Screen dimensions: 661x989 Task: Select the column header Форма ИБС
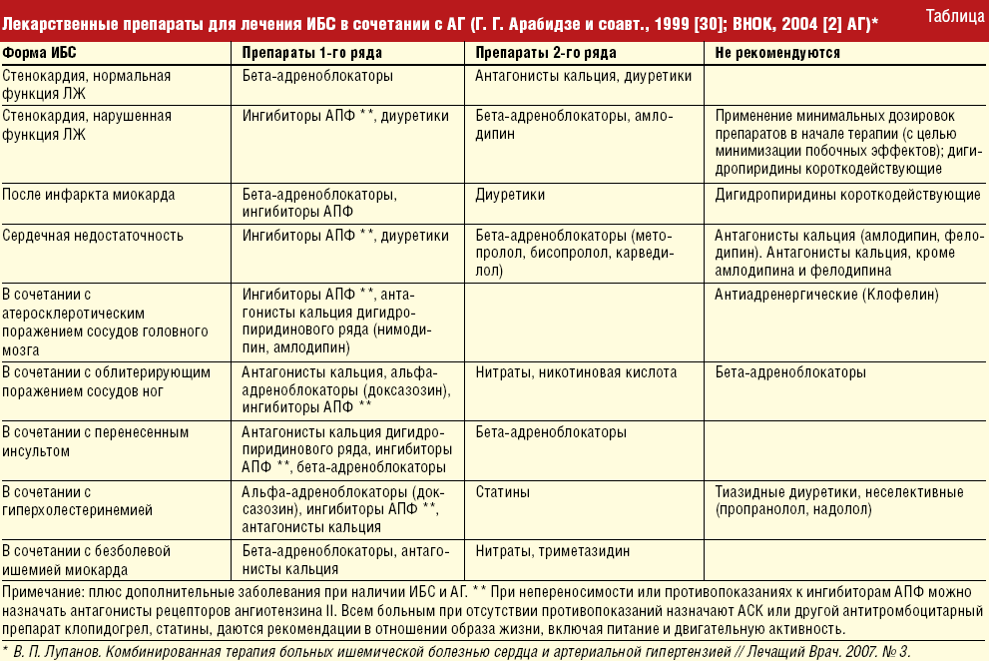point(44,52)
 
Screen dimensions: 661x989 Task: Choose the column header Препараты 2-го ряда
point(545,52)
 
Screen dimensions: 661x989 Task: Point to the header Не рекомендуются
point(777,52)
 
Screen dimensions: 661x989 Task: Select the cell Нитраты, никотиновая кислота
point(576,372)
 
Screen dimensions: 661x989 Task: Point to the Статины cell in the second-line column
point(502,492)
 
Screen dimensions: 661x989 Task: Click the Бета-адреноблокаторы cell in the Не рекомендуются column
point(790,372)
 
